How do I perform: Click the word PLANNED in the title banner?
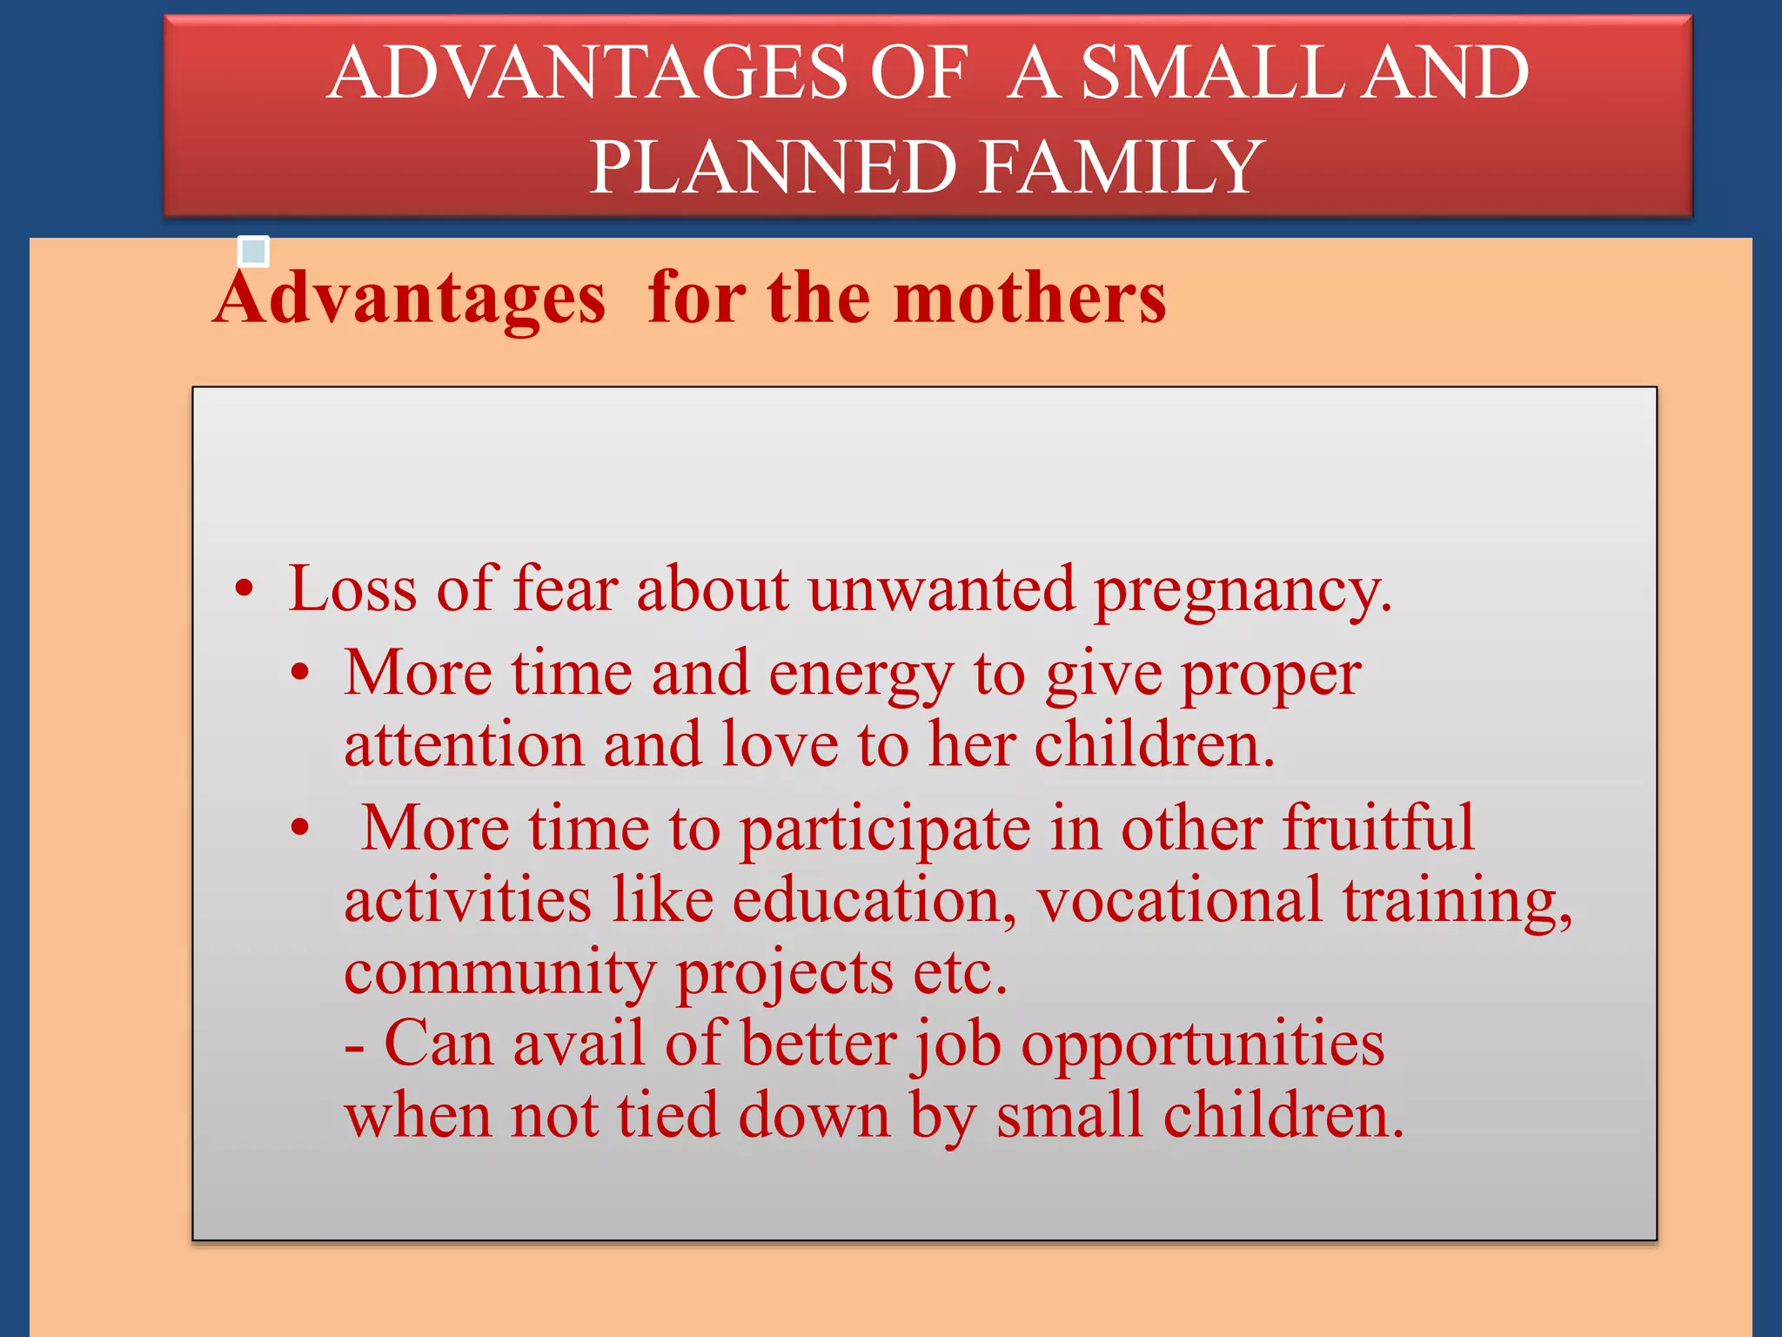[774, 167]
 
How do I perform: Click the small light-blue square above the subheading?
[253, 252]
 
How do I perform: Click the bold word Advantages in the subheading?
[409, 299]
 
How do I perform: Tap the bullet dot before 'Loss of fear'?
[245, 589]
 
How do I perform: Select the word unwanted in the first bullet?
[941, 589]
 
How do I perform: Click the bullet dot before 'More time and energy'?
[300, 673]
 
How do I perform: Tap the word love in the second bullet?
[780, 745]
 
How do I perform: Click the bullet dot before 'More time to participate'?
[300, 828]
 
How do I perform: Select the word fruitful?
[1378, 828]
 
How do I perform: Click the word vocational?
[1179, 900]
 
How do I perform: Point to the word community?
[500, 973]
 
